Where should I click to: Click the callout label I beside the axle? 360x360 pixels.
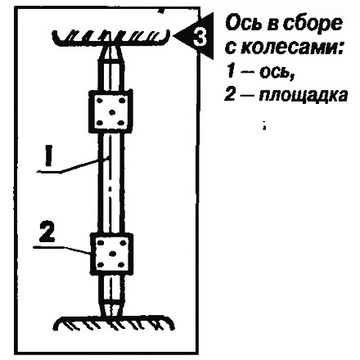[48, 155]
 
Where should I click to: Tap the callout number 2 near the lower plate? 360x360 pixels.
[47, 232]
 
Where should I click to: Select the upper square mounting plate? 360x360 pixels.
[110, 111]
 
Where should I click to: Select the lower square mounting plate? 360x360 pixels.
[111, 254]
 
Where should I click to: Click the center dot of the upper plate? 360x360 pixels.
[111, 112]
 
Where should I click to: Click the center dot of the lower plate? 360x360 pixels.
[112, 254]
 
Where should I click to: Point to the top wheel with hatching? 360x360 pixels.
[111, 38]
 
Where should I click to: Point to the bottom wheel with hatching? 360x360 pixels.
[114, 323]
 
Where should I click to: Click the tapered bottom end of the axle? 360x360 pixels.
[111, 309]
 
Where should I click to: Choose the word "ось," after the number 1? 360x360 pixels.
[277, 72]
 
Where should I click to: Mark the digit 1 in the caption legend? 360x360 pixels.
[231, 72]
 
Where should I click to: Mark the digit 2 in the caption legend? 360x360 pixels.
[230, 95]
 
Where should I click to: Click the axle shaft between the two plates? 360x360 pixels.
[110, 182]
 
